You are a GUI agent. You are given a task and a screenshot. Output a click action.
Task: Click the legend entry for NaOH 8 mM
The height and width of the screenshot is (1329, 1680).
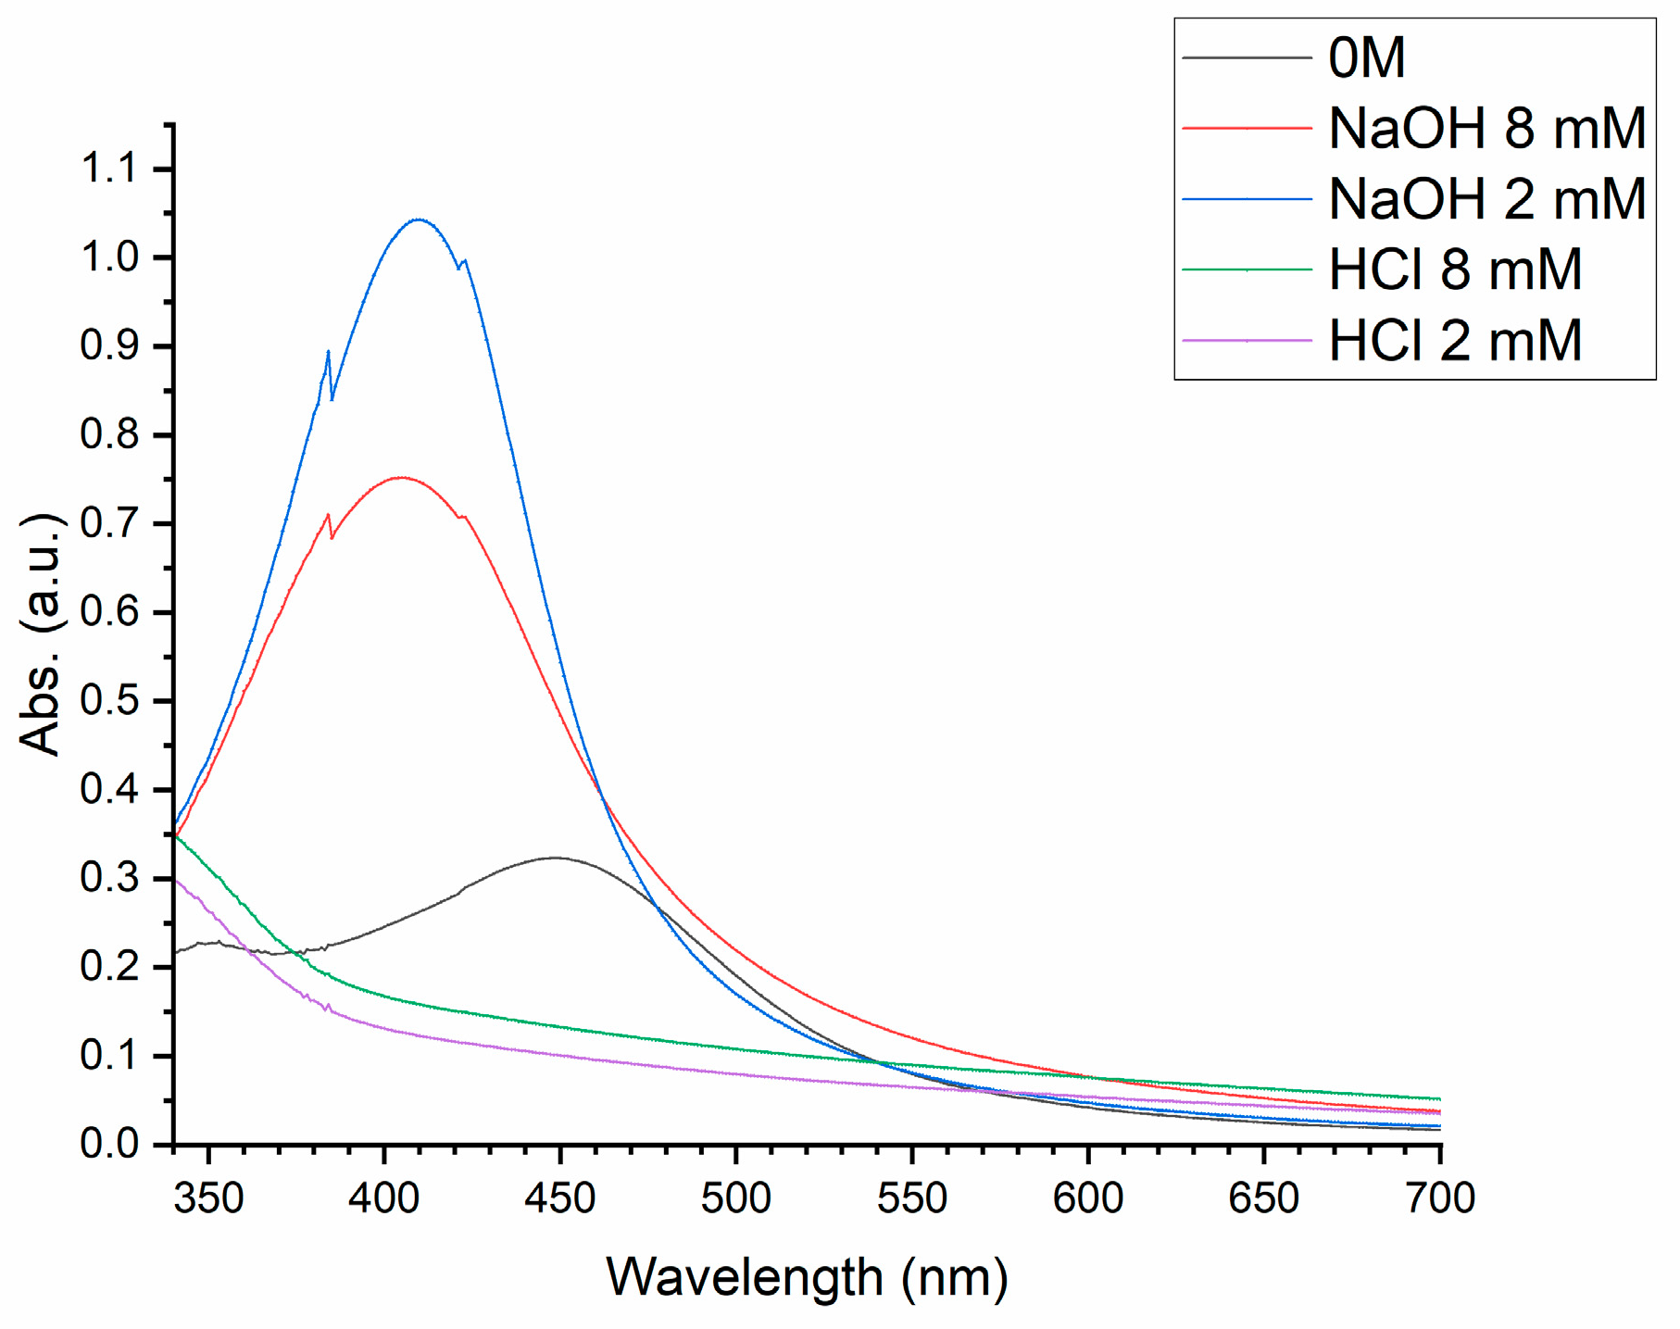pyautogui.click(x=1486, y=128)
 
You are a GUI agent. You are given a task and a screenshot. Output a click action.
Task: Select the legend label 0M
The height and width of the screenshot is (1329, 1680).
pyautogui.click(x=1367, y=57)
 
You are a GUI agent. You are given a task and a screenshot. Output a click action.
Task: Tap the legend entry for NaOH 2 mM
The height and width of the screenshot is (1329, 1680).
pyautogui.click(x=1486, y=199)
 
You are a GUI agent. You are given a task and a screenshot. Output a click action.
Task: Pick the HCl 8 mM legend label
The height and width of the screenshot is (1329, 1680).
pyautogui.click(x=1455, y=270)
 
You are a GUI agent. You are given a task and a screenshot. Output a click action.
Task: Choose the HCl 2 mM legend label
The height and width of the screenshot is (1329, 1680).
pyautogui.click(x=1455, y=341)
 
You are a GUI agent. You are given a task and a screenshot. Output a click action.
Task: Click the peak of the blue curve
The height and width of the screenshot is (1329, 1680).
pyautogui.click(x=419, y=219)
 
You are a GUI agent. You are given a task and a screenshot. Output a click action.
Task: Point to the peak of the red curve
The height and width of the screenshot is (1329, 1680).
pyautogui.click(x=400, y=478)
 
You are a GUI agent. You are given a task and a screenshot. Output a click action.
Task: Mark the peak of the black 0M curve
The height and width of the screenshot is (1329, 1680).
pyautogui.click(x=556, y=858)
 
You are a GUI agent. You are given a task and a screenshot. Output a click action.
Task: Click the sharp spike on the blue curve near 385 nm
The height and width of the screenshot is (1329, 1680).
pyautogui.click(x=329, y=352)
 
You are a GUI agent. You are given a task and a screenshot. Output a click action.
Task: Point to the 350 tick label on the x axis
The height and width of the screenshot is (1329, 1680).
pyautogui.click(x=208, y=1198)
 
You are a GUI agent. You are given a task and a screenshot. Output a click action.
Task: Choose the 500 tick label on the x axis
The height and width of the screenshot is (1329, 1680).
pyautogui.click(x=736, y=1198)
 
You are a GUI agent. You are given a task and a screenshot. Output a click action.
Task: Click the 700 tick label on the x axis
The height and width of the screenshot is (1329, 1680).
pyautogui.click(x=1439, y=1198)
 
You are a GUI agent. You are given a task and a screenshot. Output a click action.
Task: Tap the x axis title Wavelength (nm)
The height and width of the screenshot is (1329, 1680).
pyautogui.click(x=807, y=1277)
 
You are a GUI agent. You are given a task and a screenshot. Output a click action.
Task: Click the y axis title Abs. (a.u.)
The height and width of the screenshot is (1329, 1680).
pyautogui.click(x=41, y=634)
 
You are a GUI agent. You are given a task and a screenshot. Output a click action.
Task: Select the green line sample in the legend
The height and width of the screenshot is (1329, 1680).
pyautogui.click(x=1247, y=270)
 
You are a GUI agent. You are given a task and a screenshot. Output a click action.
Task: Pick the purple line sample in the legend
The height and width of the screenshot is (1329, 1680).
pyautogui.click(x=1247, y=341)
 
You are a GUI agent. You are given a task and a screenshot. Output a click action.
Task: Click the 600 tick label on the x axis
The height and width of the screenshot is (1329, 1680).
pyautogui.click(x=1088, y=1198)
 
